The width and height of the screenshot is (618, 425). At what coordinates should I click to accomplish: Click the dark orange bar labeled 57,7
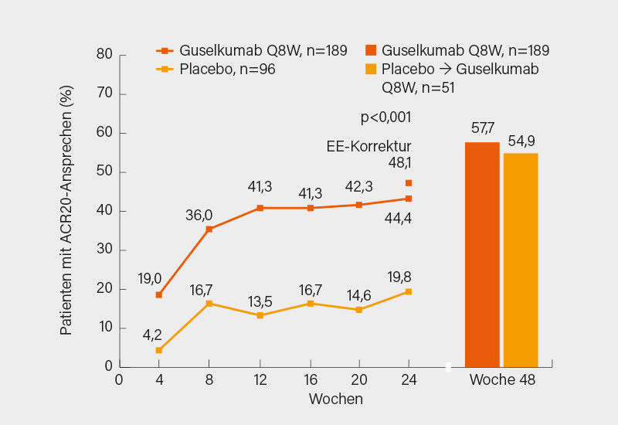pyautogui.click(x=482, y=254)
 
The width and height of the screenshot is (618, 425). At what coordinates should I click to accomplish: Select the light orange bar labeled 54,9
pyautogui.click(x=521, y=260)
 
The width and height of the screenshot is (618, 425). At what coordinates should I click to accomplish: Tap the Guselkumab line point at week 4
pyautogui.click(x=159, y=294)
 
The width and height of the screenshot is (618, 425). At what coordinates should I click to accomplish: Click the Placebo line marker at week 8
pyautogui.click(x=209, y=304)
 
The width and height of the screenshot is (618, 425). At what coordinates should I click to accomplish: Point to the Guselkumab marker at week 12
pyautogui.click(x=260, y=208)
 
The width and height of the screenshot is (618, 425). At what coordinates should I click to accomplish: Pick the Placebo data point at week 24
pyautogui.click(x=409, y=291)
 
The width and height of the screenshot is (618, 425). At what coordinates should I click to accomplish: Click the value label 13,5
pyautogui.click(x=260, y=301)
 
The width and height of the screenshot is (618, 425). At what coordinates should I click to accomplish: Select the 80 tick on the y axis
pyautogui.click(x=105, y=55)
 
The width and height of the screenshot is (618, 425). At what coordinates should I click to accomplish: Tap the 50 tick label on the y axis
pyautogui.click(x=105, y=172)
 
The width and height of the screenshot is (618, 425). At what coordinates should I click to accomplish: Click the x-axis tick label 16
pyautogui.click(x=309, y=380)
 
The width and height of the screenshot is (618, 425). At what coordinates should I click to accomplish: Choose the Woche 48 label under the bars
pyautogui.click(x=502, y=381)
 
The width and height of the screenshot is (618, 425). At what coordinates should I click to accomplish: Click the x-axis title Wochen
pyautogui.click(x=335, y=399)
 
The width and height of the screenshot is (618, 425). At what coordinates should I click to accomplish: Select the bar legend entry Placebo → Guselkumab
pyautogui.click(x=460, y=70)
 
